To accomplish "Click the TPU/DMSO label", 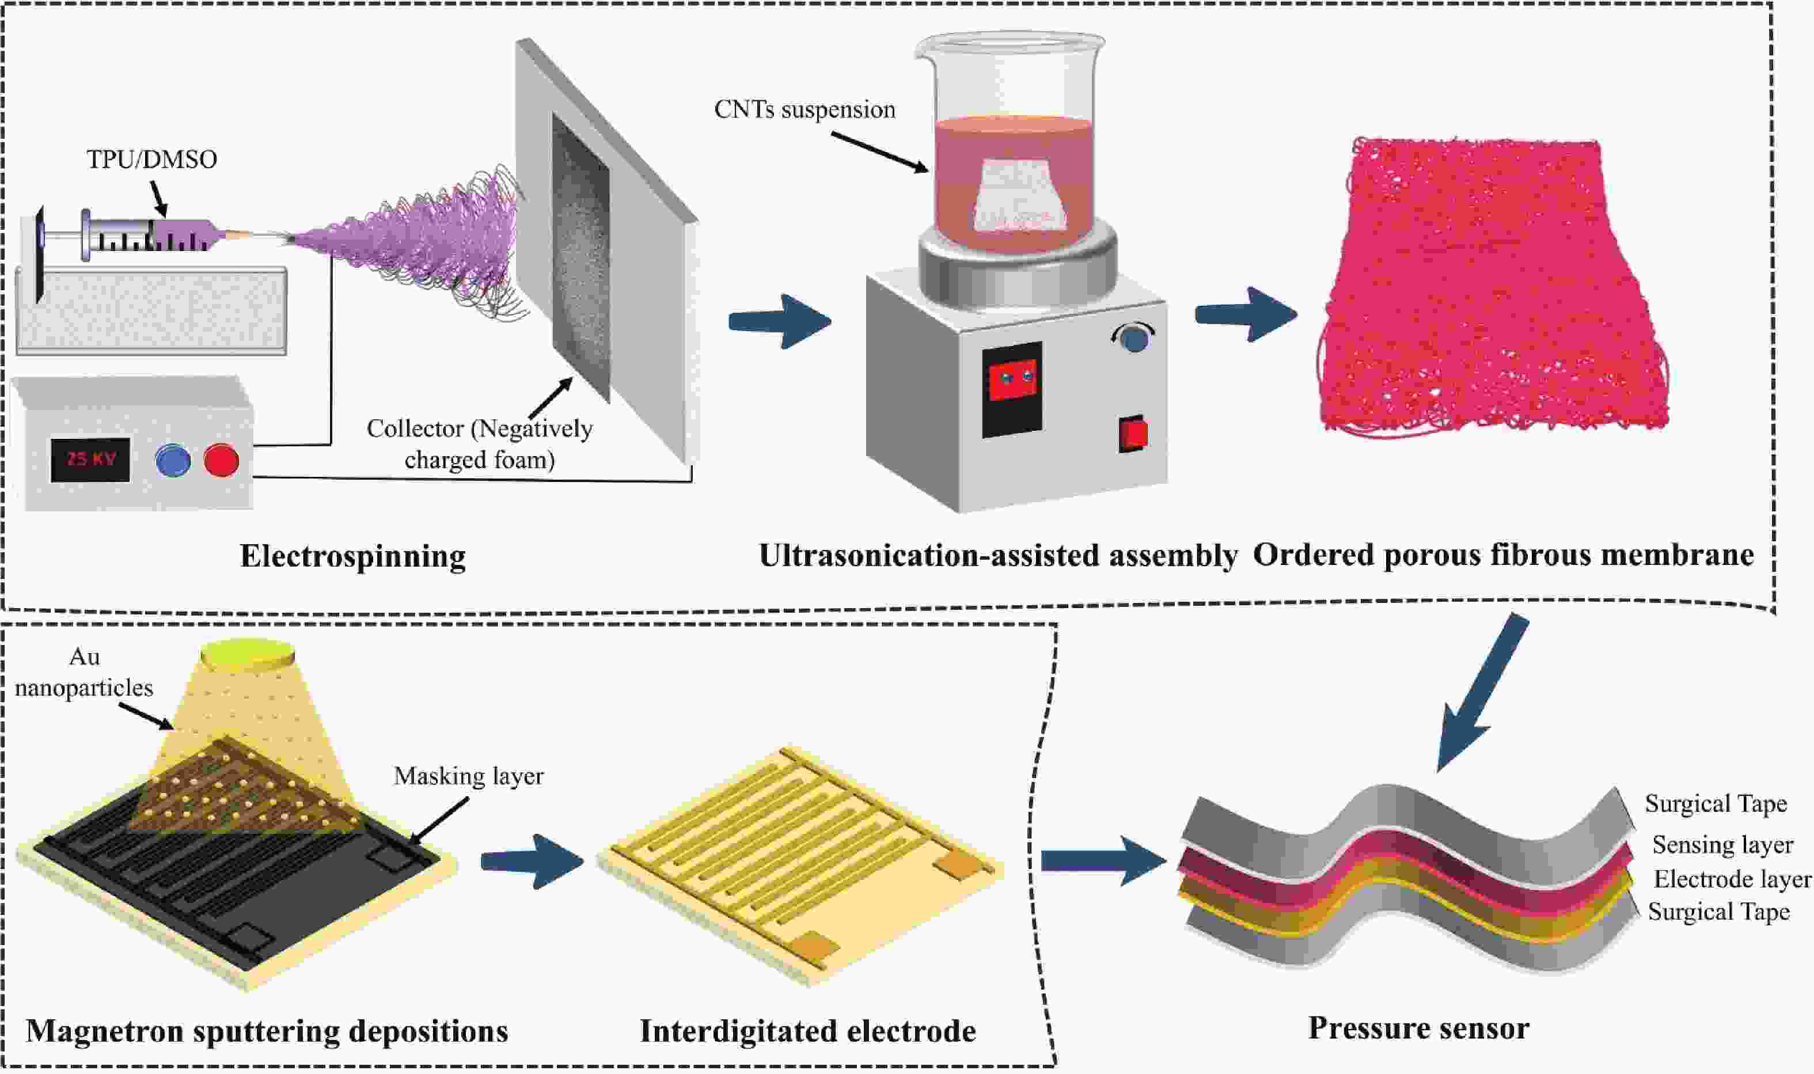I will pyautogui.click(x=152, y=159).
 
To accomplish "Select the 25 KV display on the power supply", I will pyautogui.click(x=90, y=460).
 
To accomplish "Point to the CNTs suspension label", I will pyautogui.click(x=804, y=109).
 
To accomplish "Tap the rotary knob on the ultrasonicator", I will pyautogui.click(x=1133, y=339).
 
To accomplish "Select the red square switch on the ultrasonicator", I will pyautogui.click(x=1133, y=434).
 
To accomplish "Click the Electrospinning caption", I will pyautogui.click(x=353, y=556).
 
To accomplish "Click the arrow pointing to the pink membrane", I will pyautogui.click(x=1246, y=314).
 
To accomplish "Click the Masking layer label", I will pyautogui.click(x=468, y=776).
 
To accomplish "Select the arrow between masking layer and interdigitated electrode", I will pyautogui.click(x=532, y=862).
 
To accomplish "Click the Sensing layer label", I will pyautogui.click(x=1722, y=845).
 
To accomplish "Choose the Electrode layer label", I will pyautogui.click(x=1732, y=879).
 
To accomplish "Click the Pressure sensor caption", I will pyautogui.click(x=1418, y=1029).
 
